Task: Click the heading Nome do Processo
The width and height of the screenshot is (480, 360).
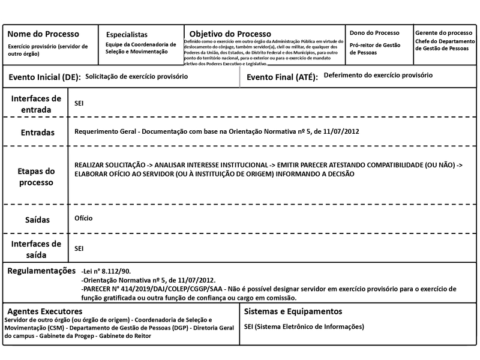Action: point(43,34)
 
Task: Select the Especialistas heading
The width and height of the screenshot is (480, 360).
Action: point(127,35)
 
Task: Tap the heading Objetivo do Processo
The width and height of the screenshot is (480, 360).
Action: point(230,34)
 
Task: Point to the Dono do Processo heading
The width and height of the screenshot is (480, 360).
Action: point(374,32)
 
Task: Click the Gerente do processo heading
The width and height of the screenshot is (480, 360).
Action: point(443,32)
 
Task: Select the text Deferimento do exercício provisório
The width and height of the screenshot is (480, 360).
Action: point(377,76)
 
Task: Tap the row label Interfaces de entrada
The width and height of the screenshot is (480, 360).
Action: point(36,104)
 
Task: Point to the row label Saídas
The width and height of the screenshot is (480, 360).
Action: point(37,220)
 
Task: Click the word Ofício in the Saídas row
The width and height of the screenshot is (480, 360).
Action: point(83,218)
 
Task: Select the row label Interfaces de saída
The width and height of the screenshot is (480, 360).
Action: point(36,248)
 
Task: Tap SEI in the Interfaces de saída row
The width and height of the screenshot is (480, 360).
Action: point(79,247)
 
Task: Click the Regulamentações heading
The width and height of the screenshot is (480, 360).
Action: point(41,271)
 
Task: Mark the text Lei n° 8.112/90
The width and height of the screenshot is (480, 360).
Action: point(106,271)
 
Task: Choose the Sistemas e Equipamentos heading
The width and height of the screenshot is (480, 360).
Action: point(293,311)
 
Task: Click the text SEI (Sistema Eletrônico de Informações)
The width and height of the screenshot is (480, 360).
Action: point(304,327)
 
